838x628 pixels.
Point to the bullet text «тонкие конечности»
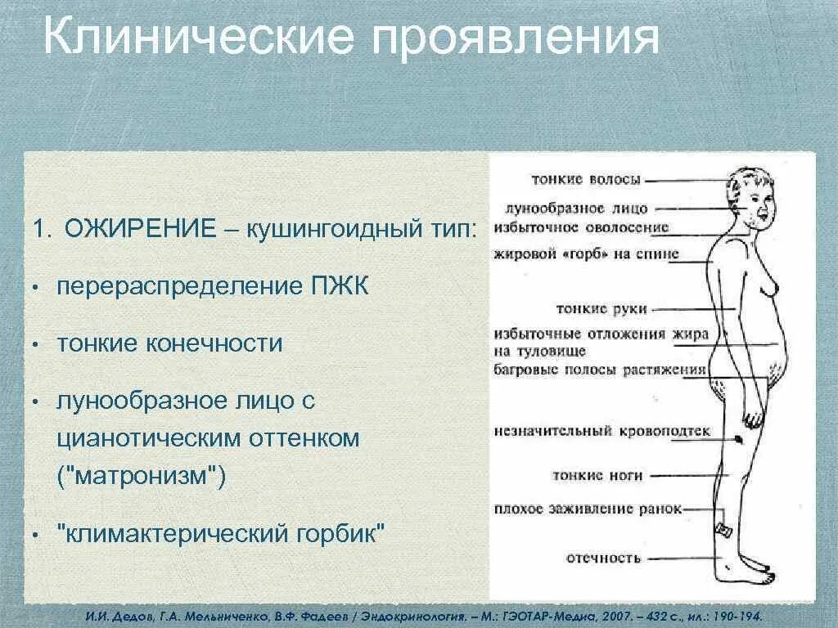tap(169, 343)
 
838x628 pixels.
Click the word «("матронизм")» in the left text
tap(141, 476)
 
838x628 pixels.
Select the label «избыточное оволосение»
tap(582, 227)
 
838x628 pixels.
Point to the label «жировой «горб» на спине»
tap(586, 253)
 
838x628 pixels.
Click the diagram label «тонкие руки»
tap(601, 309)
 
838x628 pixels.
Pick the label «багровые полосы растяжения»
tap(600, 370)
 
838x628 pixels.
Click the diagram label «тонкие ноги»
tap(597, 474)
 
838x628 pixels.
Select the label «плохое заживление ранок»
tap(588, 509)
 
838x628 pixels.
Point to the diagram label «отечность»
tap(603, 558)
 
